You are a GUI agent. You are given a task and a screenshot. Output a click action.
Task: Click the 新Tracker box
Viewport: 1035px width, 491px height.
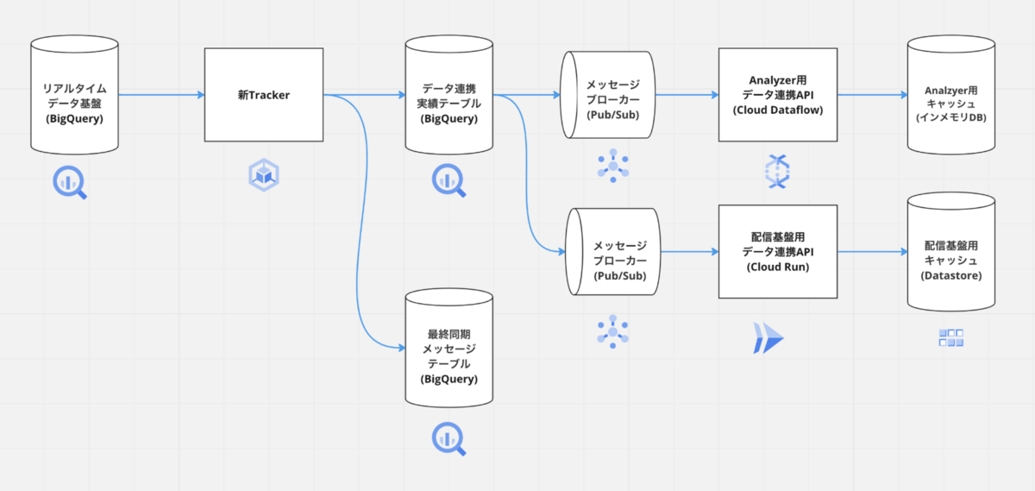click(x=263, y=95)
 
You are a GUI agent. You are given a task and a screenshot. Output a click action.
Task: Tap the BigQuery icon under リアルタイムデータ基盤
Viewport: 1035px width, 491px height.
click(x=71, y=182)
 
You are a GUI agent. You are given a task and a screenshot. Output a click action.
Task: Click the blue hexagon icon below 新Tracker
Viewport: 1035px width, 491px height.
click(x=264, y=174)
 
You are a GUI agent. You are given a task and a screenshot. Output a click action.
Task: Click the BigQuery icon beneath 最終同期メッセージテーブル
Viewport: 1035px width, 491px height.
click(x=448, y=438)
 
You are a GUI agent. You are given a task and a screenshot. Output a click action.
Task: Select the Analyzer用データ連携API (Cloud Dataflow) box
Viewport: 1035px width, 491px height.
click(x=777, y=95)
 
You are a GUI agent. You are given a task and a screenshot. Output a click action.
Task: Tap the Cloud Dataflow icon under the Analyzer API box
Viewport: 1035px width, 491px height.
click(x=777, y=170)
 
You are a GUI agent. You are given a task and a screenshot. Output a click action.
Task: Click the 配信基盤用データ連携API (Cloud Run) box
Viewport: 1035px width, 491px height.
click(x=777, y=251)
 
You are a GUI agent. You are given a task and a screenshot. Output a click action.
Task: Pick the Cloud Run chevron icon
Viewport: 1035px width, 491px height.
click(x=767, y=338)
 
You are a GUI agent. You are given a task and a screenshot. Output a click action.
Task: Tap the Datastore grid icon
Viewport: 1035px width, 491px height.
click(x=950, y=338)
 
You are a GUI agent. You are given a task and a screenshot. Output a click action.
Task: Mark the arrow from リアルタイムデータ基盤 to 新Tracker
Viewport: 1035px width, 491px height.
click(x=160, y=95)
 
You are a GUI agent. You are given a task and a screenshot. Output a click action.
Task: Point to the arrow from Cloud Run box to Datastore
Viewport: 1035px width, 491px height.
click(x=872, y=252)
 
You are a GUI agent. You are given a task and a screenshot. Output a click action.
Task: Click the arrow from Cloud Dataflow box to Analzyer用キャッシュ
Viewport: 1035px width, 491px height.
click(x=872, y=95)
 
